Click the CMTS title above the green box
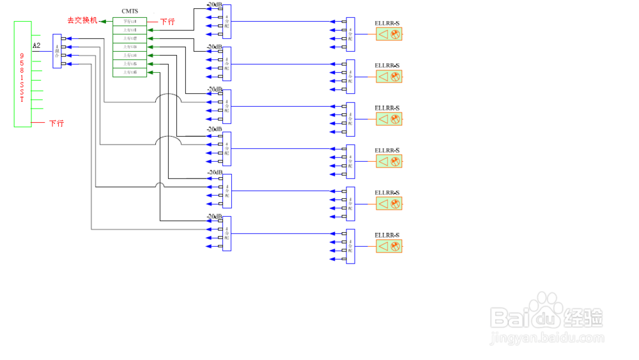130,11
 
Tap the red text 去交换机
82,20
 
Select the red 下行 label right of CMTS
167,22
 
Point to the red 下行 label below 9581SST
56,123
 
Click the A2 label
36,46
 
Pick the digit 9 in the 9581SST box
22,56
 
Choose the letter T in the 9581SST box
22,100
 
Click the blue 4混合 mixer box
57,51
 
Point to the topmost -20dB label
215,5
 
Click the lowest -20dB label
215,217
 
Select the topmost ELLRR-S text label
387,23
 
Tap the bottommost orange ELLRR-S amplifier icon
389,246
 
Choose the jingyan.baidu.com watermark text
546,337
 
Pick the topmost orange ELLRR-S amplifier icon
389,35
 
